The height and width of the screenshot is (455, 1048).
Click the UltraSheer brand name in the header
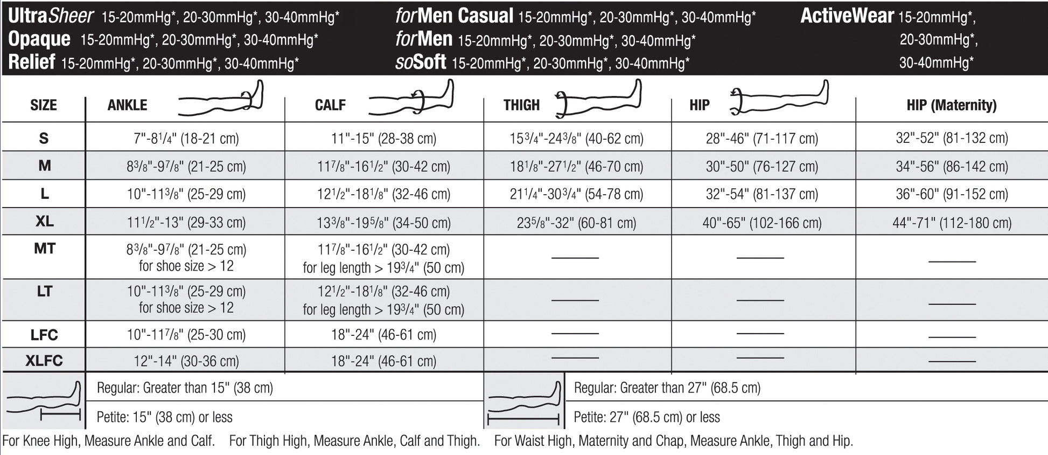tap(51, 16)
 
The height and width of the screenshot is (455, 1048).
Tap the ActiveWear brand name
tap(847, 16)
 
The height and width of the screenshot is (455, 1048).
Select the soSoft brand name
tap(421, 63)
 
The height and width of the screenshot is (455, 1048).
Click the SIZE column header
tap(44, 105)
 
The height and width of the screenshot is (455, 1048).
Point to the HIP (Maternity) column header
tap(951, 105)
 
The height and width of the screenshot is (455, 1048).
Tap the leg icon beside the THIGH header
tap(598, 99)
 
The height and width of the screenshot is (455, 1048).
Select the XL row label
tap(44, 222)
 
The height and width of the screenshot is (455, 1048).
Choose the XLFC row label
tap(44, 361)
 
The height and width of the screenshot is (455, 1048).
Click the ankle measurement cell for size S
tap(186, 139)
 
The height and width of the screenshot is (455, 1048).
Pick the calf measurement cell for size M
tap(383, 167)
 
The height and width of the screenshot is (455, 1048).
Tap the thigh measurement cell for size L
tap(576, 194)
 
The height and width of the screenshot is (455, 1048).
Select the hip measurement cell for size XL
tap(761, 223)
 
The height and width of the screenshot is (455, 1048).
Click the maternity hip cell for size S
tap(952, 138)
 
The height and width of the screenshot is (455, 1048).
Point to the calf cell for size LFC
tap(383, 335)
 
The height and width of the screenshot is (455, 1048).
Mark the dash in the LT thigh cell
tap(575, 300)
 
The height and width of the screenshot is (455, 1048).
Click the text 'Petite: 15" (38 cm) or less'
tap(164, 417)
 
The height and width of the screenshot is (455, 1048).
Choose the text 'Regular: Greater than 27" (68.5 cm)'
tap(667, 388)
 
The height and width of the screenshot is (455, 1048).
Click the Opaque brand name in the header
tap(39, 39)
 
